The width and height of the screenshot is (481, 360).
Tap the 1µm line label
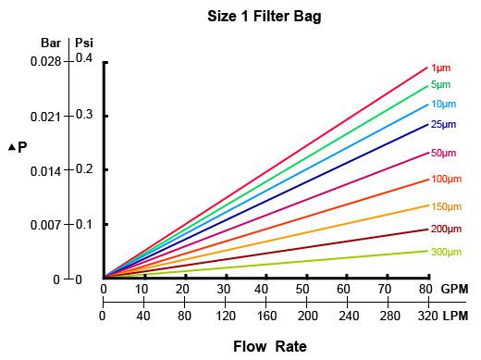(441, 68)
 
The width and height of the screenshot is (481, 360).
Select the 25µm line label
(444, 124)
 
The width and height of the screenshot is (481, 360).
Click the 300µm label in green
(446, 251)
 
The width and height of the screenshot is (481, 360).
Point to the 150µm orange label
(446, 206)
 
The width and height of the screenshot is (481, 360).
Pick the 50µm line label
(444, 153)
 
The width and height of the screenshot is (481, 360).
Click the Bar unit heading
(51, 43)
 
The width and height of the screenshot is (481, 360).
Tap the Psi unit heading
(84, 43)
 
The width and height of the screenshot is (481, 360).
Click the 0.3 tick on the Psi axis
(85, 116)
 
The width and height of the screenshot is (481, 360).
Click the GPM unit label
(454, 290)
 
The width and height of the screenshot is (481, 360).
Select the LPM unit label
(455, 317)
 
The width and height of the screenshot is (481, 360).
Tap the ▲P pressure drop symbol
(18, 147)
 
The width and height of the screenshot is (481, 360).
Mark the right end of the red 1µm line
(427, 67)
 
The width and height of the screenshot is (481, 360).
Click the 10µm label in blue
(444, 104)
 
